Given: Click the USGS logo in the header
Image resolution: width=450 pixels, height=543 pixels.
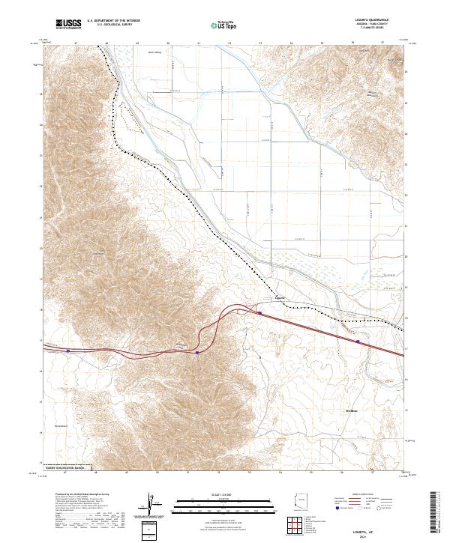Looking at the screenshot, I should [x=67, y=24].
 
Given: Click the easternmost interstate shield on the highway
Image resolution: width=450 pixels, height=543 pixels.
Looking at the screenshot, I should [x=357, y=342].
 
